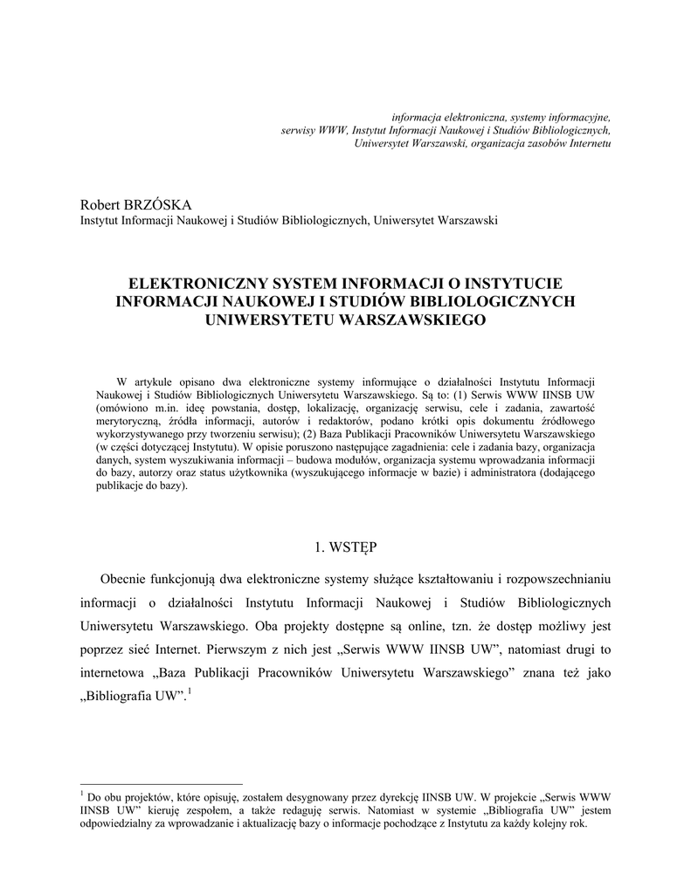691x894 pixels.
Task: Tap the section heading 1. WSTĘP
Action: [x=345, y=547]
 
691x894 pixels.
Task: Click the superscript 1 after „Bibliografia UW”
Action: [x=190, y=692]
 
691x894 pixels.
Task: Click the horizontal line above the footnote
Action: [x=161, y=784]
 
